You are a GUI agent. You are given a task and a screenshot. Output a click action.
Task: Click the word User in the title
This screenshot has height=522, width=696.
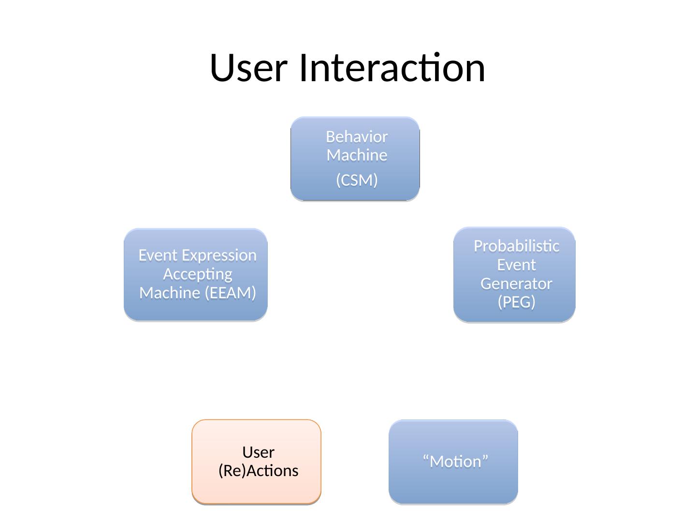(248, 68)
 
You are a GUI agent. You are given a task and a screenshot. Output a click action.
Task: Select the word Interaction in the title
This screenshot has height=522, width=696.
(392, 67)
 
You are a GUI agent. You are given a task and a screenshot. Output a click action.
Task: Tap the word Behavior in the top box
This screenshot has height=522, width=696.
(357, 137)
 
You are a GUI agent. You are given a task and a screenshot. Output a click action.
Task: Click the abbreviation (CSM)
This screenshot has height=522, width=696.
(357, 180)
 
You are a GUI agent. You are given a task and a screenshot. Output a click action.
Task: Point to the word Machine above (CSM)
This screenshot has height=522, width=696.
(357, 155)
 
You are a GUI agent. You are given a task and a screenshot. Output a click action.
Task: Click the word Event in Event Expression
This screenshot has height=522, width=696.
(158, 256)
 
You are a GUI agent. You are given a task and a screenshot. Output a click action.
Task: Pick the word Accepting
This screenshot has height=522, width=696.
(198, 275)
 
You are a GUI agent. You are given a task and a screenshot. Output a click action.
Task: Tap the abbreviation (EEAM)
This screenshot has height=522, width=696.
(230, 293)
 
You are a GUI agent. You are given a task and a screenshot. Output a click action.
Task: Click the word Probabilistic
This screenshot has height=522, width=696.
(517, 246)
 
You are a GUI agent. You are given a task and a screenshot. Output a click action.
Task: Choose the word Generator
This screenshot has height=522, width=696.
(516, 284)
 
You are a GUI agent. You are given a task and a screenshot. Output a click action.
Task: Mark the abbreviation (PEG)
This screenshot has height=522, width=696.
(517, 302)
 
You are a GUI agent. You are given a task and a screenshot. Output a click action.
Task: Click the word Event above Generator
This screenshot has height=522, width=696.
(517, 265)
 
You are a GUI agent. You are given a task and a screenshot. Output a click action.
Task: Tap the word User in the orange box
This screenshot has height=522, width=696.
(259, 452)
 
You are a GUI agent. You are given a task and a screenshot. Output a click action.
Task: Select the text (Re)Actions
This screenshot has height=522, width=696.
(259, 471)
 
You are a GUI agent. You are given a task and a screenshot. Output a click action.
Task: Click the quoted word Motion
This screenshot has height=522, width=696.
(455, 462)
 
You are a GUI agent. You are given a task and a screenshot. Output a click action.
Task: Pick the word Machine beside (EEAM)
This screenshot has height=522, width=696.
(170, 293)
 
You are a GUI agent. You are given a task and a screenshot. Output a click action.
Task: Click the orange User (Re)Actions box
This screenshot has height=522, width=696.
(257, 462)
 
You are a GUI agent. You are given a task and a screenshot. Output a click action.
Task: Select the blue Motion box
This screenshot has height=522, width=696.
(453, 462)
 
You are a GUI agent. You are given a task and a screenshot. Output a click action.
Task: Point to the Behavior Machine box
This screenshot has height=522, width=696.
(355, 159)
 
